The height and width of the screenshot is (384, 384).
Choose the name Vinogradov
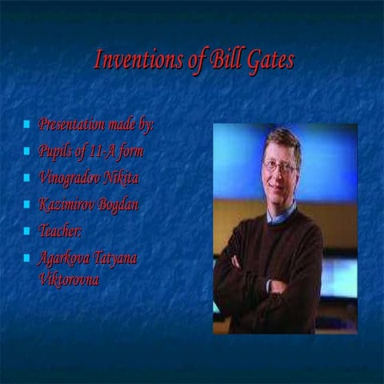click(x=74, y=178)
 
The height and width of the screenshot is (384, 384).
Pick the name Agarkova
click(x=66, y=258)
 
